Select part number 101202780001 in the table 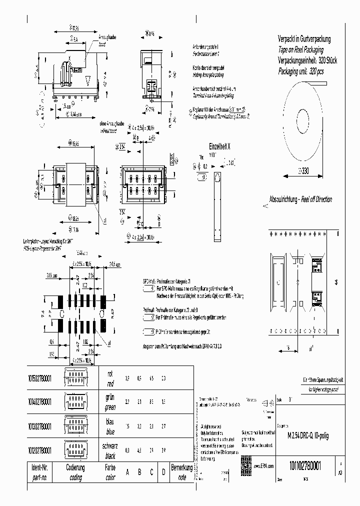[38, 450]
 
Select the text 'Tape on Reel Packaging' [300, 50]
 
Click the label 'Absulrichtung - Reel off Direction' [300, 198]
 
